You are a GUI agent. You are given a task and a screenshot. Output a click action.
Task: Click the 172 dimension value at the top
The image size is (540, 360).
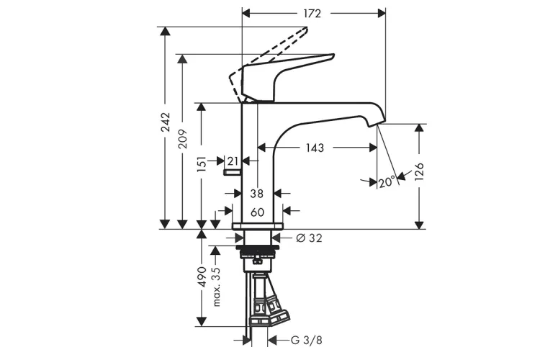tap(312, 14)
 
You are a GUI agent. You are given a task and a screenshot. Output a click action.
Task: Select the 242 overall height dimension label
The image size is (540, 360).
tap(166, 122)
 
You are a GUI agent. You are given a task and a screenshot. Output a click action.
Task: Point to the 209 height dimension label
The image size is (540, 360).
tap(183, 139)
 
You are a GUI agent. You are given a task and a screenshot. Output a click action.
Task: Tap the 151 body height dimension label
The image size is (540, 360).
tap(202, 163)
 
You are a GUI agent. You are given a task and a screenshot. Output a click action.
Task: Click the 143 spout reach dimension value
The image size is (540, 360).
tap(315, 148)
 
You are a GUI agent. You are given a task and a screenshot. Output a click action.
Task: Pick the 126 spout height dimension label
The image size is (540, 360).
tap(419, 172)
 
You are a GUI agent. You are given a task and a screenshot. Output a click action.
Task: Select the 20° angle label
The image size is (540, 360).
tap(387, 181)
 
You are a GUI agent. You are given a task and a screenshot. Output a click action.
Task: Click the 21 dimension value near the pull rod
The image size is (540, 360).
tap(233, 161)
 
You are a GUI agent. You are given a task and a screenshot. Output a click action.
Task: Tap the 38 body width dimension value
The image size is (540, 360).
tap(256, 194)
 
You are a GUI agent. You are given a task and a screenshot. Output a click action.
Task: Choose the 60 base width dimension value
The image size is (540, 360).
tap(257, 212)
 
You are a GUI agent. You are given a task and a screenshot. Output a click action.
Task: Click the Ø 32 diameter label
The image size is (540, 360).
tap(310, 238)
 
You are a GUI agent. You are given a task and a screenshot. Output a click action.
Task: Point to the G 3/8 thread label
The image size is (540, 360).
tap(307, 341)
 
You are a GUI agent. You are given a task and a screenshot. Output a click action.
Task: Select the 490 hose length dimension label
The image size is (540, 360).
tap(202, 276)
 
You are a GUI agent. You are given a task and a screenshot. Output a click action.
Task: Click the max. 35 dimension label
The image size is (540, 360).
tap(216, 287)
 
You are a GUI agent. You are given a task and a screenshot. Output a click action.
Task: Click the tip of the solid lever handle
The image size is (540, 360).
tap(333, 55)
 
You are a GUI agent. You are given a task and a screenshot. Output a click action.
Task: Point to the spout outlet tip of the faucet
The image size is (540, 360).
tap(377, 124)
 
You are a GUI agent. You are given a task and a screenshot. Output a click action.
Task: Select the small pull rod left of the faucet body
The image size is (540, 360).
tap(233, 172)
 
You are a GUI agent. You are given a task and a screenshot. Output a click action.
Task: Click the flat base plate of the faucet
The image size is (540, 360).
tap(258, 226)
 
